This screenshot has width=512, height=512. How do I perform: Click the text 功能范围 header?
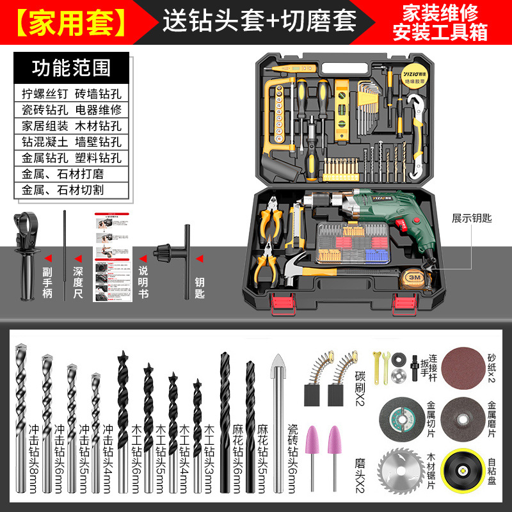tap(71, 68)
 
